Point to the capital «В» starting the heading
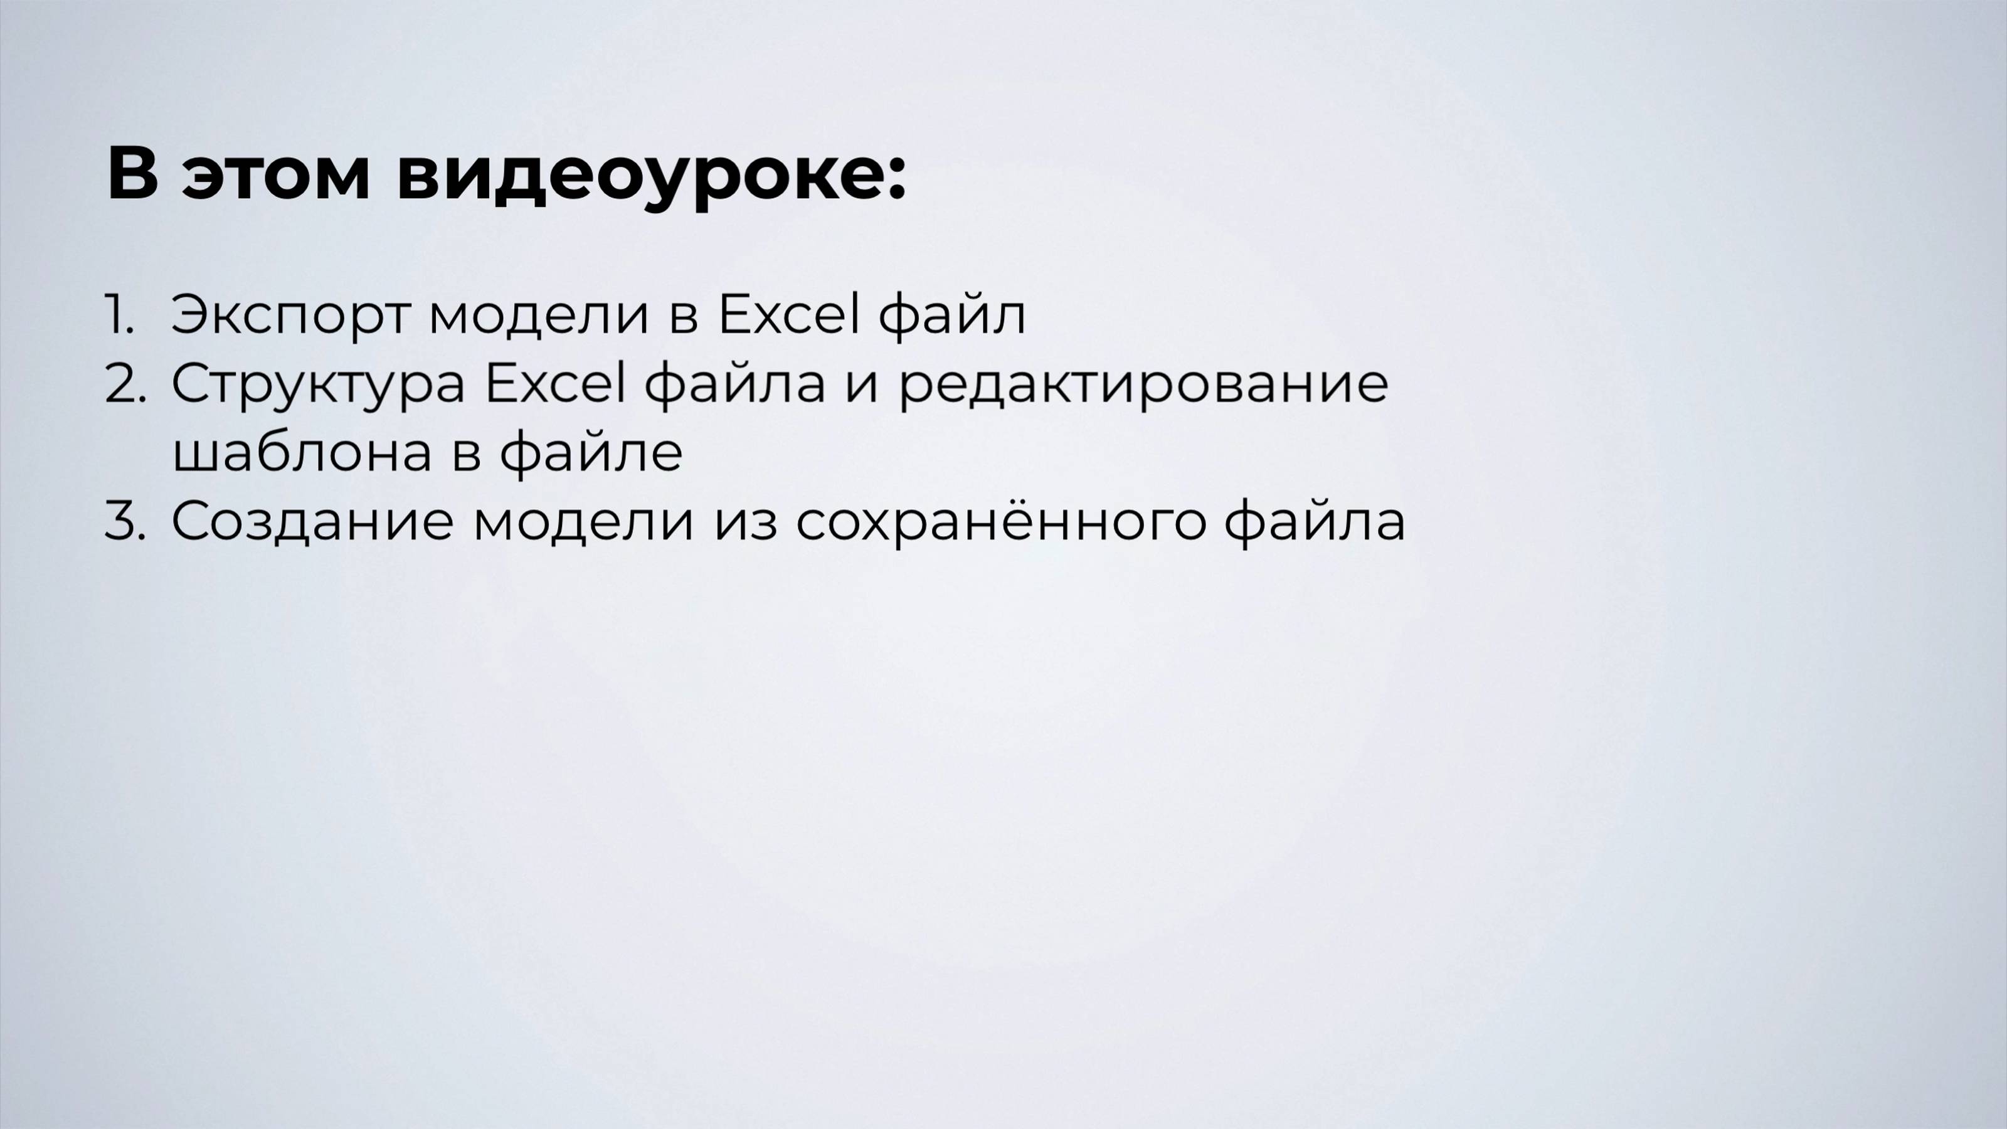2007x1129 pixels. [x=132, y=173]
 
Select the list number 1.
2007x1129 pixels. [x=119, y=315]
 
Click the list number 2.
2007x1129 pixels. [x=125, y=384]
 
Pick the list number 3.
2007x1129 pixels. [x=125, y=521]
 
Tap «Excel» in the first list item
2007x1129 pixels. [x=787, y=314]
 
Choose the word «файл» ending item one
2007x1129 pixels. [x=951, y=315]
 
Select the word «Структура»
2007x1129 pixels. [x=318, y=384]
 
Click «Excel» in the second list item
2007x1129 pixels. [x=554, y=383]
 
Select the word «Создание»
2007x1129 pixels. [x=312, y=521]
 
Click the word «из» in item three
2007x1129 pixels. [x=745, y=521]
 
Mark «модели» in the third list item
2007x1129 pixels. [x=583, y=521]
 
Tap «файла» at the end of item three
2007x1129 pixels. [x=1315, y=521]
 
